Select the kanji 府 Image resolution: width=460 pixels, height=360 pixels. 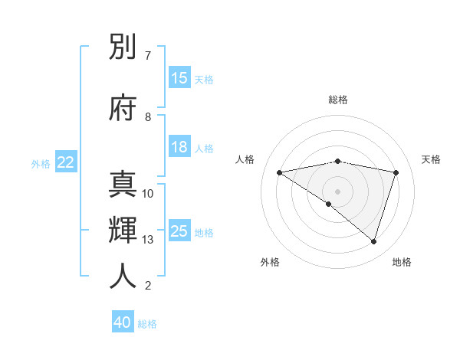[123, 107]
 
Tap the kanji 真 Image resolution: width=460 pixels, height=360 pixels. [123, 185]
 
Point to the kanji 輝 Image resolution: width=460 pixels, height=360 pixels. [123, 231]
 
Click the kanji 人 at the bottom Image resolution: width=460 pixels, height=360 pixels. [123, 277]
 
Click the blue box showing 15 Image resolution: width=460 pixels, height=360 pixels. [179, 78]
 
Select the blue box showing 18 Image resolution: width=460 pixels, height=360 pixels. [179, 148]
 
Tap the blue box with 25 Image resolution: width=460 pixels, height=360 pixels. [179, 231]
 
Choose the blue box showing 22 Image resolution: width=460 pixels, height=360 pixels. [66, 162]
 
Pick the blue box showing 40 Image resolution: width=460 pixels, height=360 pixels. [123, 322]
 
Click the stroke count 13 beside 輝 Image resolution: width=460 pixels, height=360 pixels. [148, 240]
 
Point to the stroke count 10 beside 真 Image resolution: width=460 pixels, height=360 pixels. [148, 194]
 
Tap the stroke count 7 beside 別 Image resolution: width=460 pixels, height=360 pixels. [148, 56]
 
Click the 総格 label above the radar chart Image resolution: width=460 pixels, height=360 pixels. [338, 100]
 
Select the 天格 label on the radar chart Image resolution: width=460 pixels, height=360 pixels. [431, 159]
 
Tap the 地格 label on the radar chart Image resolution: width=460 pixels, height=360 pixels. [402, 262]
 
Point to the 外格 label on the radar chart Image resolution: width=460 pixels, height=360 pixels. [270, 262]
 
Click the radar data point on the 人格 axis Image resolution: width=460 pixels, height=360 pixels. [280, 172]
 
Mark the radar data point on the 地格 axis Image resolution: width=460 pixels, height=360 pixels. [373, 241]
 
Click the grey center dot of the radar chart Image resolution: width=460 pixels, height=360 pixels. [337, 191]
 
